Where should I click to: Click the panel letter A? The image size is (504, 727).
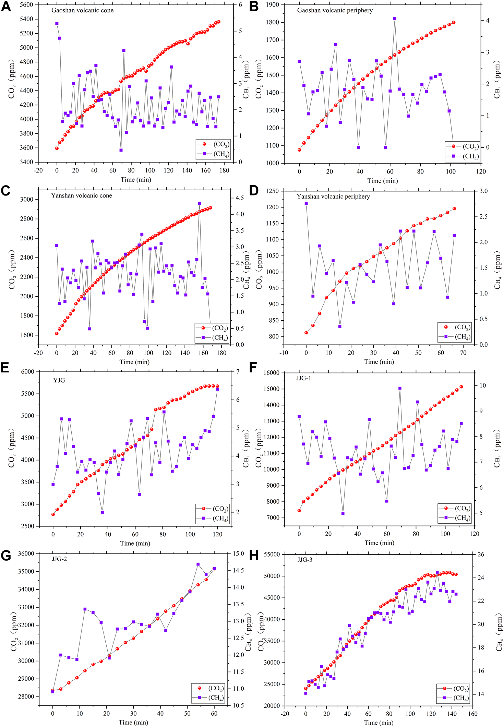click(x=6, y=7)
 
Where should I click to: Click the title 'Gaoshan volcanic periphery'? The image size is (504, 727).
click(x=335, y=10)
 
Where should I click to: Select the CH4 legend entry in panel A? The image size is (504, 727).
click(x=213, y=154)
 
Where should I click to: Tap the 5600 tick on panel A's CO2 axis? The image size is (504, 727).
click(x=26, y=5)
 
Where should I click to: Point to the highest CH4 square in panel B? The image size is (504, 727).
click(x=395, y=19)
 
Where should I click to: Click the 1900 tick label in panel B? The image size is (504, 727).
click(x=273, y=5)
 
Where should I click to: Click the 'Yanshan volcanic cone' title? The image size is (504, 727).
click(x=82, y=195)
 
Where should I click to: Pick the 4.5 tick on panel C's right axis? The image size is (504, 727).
click(x=240, y=198)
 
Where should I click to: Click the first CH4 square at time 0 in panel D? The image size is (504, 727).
click(x=306, y=203)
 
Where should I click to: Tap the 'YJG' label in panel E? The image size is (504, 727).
click(x=59, y=380)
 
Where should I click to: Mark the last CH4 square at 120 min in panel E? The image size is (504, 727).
click(x=217, y=389)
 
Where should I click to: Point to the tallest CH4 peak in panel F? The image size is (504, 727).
click(x=400, y=388)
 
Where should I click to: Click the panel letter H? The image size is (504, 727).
click(x=254, y=556)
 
